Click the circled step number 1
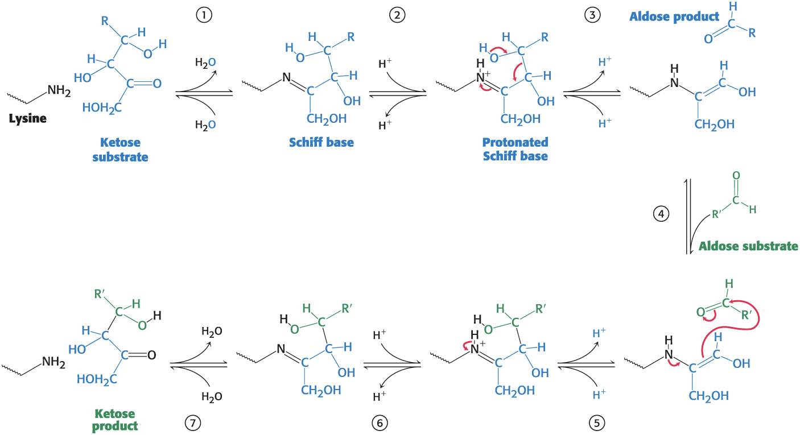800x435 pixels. point(203,16)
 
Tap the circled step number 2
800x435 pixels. point(397,16)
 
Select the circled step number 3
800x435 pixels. point(592,16)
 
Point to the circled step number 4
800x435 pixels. point(660,214)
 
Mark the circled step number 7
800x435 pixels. point(192,422)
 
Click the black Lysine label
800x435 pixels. point(27,119)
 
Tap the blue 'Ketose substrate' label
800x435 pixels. point(120,150)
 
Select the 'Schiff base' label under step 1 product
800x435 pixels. point(321,142)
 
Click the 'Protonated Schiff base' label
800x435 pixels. point(515,148)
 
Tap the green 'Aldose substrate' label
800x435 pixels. point(748,246)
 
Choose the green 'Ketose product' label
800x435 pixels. point(115,419)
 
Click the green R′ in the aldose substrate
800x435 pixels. point(719,216)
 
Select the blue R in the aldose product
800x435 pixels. point(752,33)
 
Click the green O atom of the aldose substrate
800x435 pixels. point(737,176)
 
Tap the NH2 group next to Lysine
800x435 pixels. point(59,90)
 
